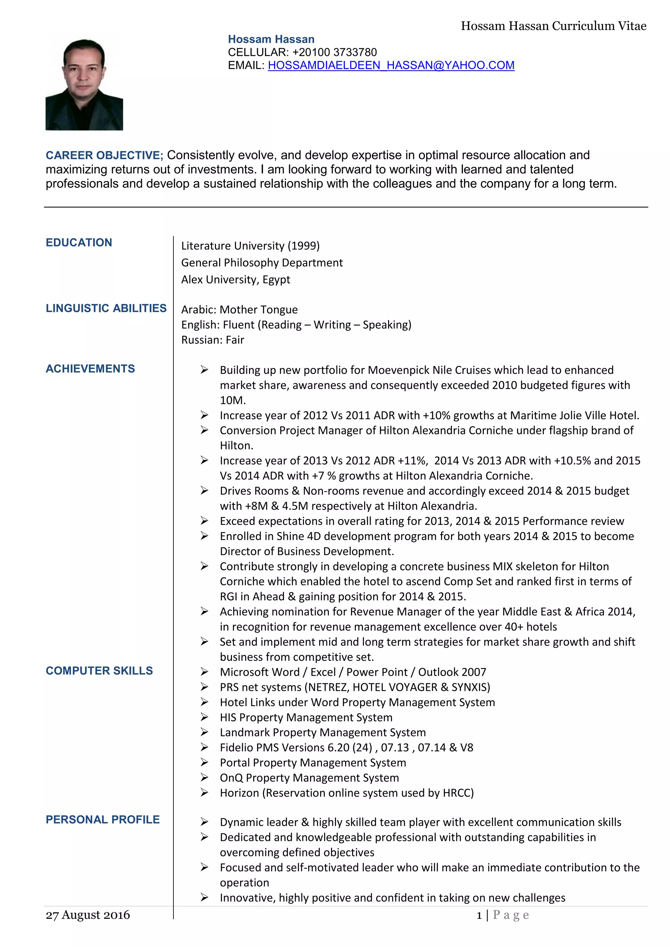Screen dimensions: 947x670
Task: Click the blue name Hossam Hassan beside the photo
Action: coord(271,39)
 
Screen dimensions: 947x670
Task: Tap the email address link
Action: coord(391,65)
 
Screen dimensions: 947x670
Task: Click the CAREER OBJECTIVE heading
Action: coord(104,156)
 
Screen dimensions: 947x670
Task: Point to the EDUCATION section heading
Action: coord(79,242)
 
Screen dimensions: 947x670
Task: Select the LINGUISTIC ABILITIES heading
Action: coord(106,308)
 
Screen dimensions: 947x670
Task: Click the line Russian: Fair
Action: coord(213,340)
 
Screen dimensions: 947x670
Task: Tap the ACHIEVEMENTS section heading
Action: coord(90,369)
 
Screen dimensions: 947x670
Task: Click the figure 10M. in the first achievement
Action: coord(232,400)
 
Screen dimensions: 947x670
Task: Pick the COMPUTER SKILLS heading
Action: coord(99,671)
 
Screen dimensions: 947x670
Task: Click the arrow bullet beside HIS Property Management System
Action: coord(204,717)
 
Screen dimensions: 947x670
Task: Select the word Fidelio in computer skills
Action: coord(236,747)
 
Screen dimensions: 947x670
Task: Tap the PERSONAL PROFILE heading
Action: coord(102,820)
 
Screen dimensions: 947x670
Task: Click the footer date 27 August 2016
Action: coord(88,915)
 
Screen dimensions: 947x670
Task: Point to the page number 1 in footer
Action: coord(479,916)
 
